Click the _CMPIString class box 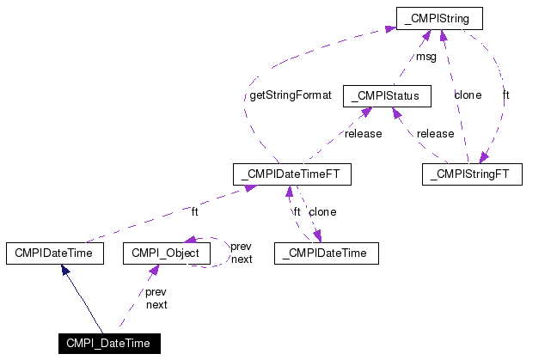(439, 17)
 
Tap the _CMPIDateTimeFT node (292, 174)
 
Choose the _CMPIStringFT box (472, 174)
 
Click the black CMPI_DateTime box (109, 344)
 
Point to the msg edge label (426, 58)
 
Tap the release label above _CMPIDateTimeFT (363, 134)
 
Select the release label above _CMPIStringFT (435, 134)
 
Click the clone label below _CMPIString (468, 95)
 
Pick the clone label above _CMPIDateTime (322, 212)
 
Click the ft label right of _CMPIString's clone (506, 95)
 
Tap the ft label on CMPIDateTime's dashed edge (194, 212)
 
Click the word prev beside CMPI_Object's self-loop (242, 247)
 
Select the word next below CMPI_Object (156, 304)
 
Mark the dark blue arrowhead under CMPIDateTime (64, 270)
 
